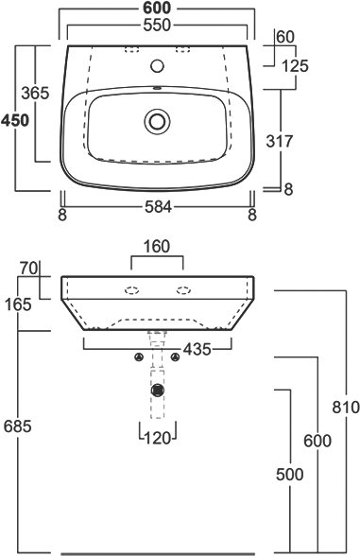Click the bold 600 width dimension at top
pos(157,8)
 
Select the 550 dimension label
pos(157,26)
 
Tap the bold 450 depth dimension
pos(15,121)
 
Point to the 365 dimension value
pos(35,94)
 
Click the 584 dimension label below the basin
pos(159,207)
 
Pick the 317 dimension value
pos(280,141)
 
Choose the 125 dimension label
pos(295,66)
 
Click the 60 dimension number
pos(285,37)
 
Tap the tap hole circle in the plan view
pos(157,66)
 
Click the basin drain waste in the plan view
pos(157,121)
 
